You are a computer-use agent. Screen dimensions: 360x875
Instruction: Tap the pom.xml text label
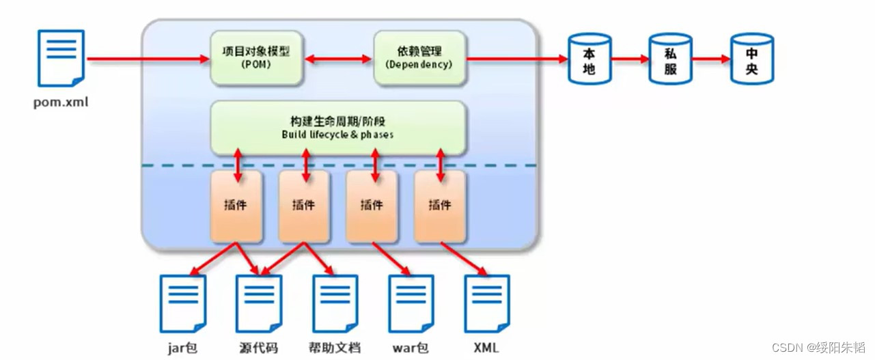tap(61, 103)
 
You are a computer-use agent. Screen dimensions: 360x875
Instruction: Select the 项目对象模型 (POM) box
tap(257, 58)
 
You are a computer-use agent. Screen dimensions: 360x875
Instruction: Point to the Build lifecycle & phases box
tap(338, 128)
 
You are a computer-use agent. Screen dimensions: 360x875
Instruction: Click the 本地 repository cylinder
tap(589, 60)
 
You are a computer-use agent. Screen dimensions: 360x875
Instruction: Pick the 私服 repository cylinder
tap(670, 60)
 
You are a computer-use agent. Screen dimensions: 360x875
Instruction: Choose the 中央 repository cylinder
tap(752, 60)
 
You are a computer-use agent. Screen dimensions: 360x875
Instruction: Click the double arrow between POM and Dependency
tap(339, 60)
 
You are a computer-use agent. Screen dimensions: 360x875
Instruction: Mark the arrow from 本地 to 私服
tap(630, 60)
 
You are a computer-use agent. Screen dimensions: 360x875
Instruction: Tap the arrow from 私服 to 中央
tap(711, 60)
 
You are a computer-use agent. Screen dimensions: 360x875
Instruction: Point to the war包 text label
tap(411, 348)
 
